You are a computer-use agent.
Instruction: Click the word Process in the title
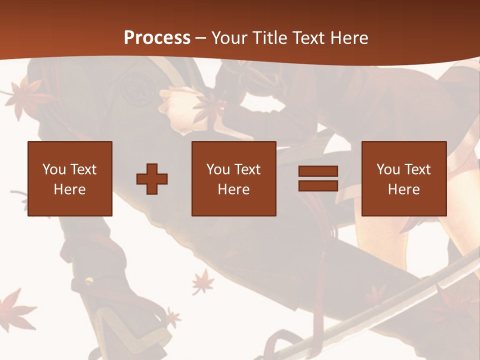(157, 38)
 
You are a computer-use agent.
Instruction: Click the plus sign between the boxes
(152, 179)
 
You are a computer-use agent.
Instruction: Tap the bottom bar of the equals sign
(318, 185)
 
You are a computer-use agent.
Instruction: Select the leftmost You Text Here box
(70, 178)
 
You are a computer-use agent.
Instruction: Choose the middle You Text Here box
(234, 178)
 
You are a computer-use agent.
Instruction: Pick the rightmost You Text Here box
(404, 178)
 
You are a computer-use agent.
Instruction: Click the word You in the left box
(54, 169)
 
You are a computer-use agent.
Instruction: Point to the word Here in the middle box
(234, 189)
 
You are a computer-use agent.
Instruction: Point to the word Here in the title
(350, 38)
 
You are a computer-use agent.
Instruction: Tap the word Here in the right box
(404, 189)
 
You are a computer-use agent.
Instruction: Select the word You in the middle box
(218, 169)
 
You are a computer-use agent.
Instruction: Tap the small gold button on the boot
(88, 280)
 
